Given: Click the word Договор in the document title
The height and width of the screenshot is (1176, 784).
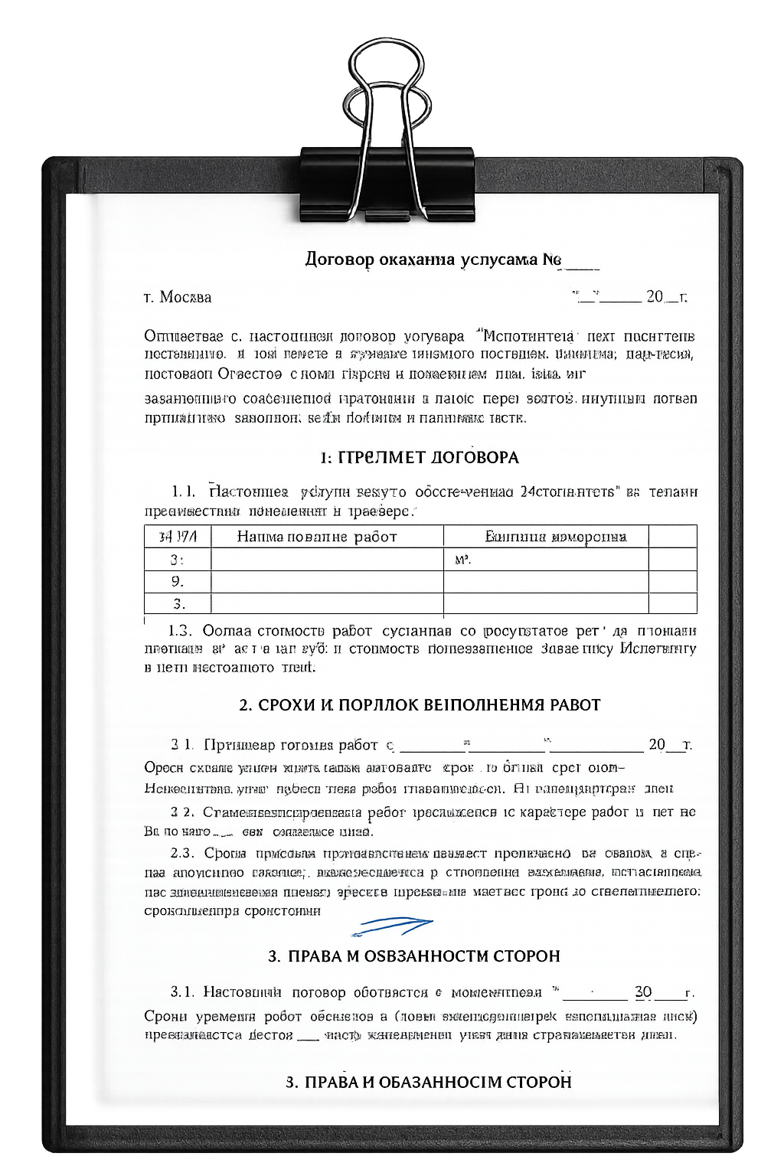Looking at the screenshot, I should click(339, 259).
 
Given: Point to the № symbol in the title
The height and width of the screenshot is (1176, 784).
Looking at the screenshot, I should click(551, 260).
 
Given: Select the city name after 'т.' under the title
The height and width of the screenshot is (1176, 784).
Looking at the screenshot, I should click(185, 297).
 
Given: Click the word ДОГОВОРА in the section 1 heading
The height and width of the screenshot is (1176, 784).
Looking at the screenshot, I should click(475, 458).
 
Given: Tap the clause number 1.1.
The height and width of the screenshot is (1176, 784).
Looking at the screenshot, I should click(183, 492).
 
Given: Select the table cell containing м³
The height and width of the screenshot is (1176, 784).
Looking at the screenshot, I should click(545, 560).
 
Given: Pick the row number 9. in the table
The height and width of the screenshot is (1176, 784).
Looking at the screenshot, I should click(178, 582).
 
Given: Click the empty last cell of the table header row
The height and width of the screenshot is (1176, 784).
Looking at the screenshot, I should click(672, 536).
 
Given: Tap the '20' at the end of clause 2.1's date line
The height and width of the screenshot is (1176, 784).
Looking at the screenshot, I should click(657, 744).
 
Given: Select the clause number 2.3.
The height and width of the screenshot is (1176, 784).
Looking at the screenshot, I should click(182, 853).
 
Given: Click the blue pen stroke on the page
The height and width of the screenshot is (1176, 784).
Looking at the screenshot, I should click(391, 925).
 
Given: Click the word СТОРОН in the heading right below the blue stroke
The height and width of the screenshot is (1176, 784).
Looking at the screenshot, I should click(527, 956).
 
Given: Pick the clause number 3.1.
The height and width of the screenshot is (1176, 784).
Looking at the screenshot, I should click(182, 992).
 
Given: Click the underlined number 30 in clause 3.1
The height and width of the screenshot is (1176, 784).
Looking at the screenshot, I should click(643, 992).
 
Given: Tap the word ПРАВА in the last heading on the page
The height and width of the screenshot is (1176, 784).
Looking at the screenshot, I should click(331, 1083).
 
